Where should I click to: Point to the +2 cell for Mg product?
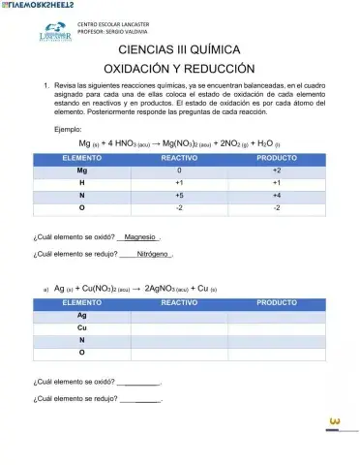tap(276, 169)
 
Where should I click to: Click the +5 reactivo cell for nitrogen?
tap(179, 194)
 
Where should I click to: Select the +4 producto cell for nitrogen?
tap(276, 194)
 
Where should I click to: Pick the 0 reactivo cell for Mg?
tap(179, 169)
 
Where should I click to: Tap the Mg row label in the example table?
tap(82, 169)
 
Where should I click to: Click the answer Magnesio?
tap(140, 235)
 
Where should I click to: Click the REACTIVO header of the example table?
tap(179, 156)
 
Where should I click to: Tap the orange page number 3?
tap(335, 420)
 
